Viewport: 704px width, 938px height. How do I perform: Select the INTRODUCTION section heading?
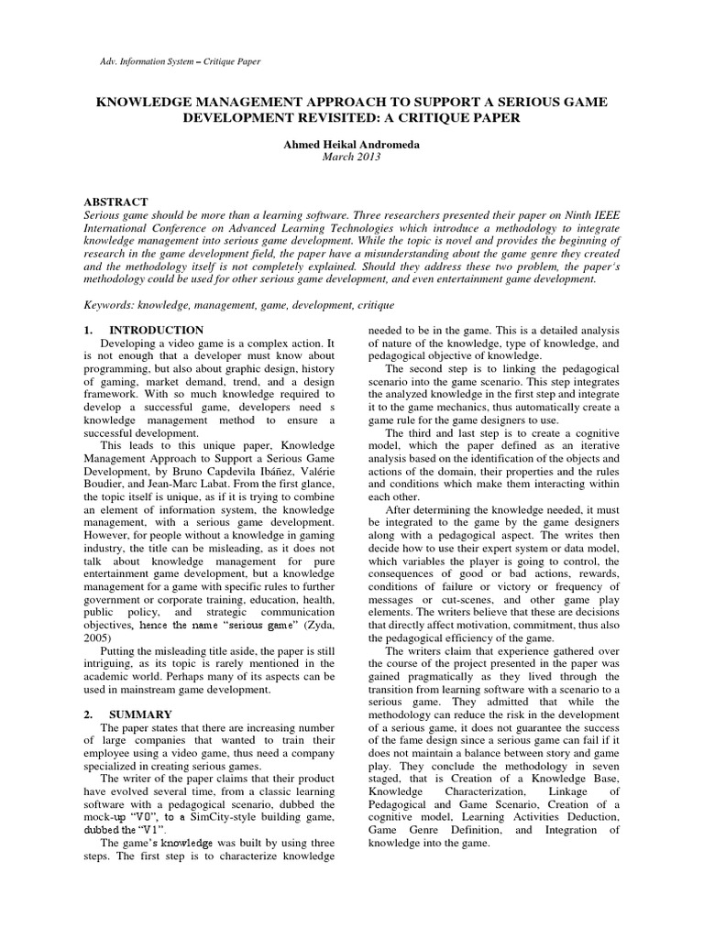[157, 329]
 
